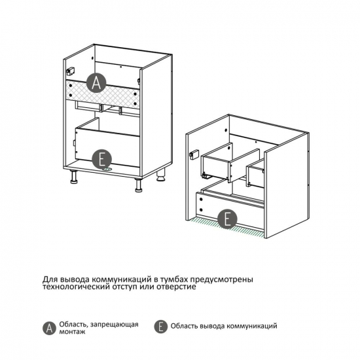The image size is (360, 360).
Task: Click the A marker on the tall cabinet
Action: [x=96, y=83]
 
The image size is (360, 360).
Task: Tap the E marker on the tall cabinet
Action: [x=101, y=160]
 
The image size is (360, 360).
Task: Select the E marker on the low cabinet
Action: [x=227, y=219]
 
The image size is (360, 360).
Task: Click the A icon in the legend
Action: [x=49, y=328]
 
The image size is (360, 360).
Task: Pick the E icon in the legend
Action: [x=161, y=326]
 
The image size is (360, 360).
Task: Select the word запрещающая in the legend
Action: [x=115, y=325]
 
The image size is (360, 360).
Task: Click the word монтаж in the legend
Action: [x=72, y=332]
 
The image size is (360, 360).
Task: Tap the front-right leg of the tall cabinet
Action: [x=139, y=185]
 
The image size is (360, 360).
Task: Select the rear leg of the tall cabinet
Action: [x=161, y=175]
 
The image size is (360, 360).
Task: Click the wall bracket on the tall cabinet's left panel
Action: [x=70, y=71]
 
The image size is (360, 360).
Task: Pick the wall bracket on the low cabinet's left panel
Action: [x=194, y=154]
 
